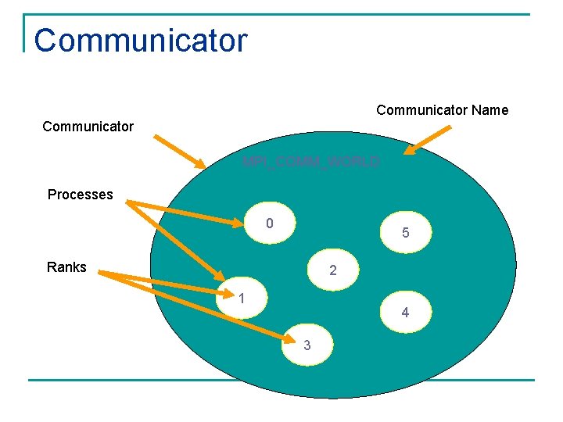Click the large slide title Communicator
click(141, 41)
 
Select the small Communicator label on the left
click(88, 126)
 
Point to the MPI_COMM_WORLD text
click(311, 162)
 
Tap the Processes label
click(80, 194)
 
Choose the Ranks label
click(66, 267)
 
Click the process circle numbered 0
click(269, 224)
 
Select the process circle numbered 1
click(243, 299)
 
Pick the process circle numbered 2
click(333, 270)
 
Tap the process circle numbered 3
click(307, 345)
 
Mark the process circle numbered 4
click(405, 312)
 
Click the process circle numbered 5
click(405, 232)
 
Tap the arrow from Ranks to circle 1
click(156, 284)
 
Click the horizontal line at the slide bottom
click(281, 381)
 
